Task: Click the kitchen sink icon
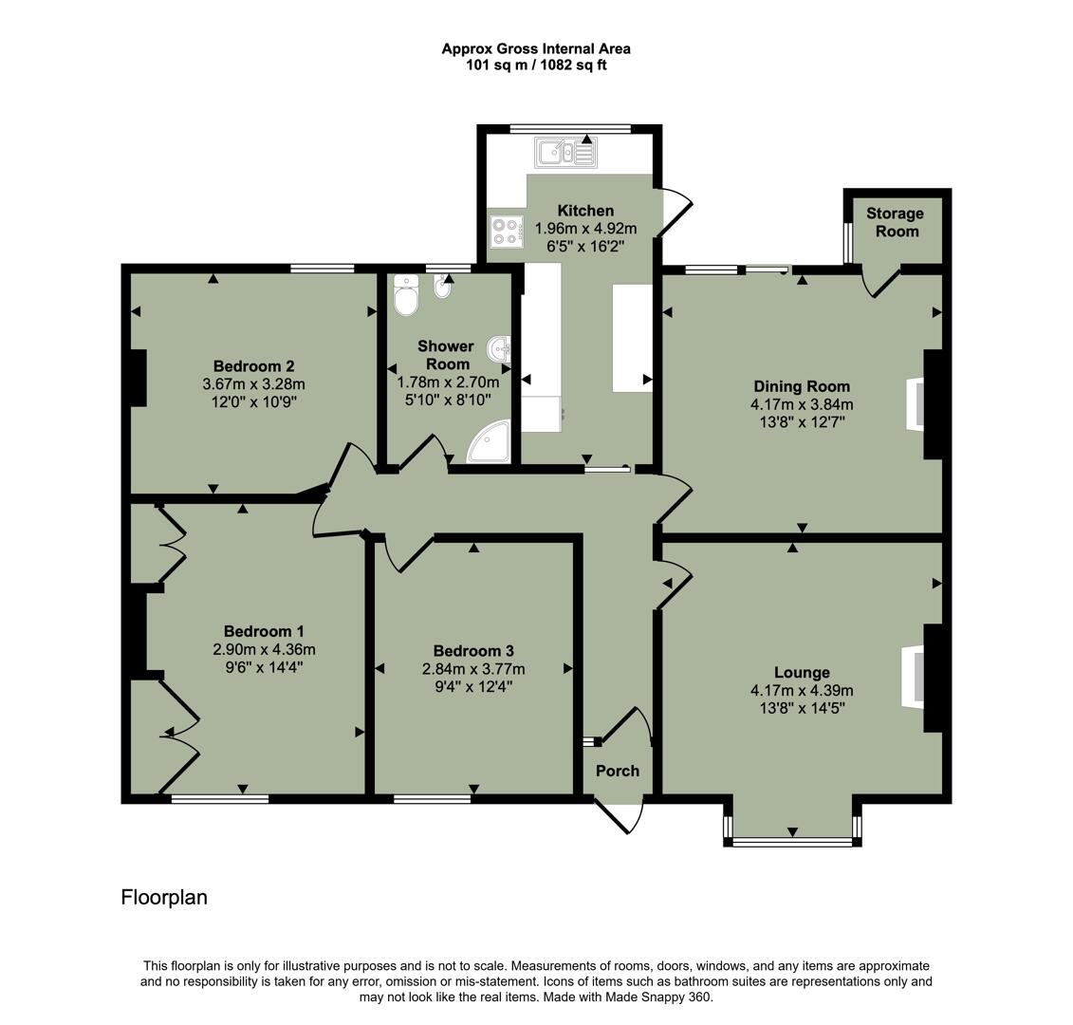click(564, 152)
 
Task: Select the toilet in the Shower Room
click(406, 295)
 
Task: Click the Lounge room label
click(801, 673)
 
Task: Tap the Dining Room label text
click(801, 386)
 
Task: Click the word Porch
click(617, 771)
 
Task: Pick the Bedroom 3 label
click(473, 651)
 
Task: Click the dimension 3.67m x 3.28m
click(253, 384)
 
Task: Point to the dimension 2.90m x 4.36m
click(264, 650)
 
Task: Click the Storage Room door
click(881, 282)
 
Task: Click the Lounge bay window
click(792, 840)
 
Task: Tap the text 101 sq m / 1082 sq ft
click(536, 65)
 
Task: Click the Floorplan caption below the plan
click(164, 897)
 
